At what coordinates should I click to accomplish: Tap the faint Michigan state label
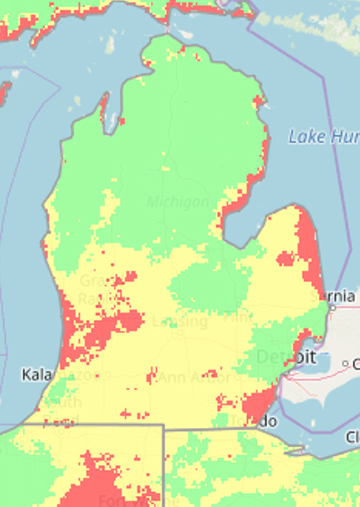(x=181, y=202)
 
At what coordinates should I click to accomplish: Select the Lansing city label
(x=180, y=321)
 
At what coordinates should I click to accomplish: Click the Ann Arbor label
(x=193, y=377)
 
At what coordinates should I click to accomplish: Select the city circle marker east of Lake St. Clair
(x=346, y=363)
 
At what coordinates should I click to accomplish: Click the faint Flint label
(x=237, y=317)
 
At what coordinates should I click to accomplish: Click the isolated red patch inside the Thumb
(x=284, y=258)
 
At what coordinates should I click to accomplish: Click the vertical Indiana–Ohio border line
(x=163, y=466)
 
